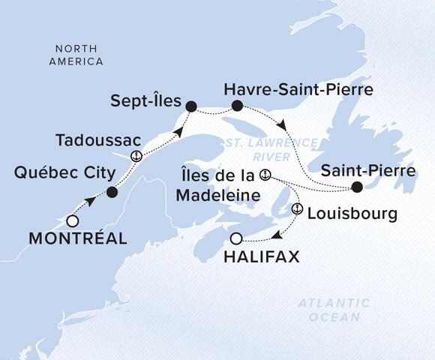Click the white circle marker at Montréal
pos(72,221)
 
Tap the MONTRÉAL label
pos(77,239)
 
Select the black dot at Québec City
pos(112,192)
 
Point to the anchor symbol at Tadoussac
pos(136,156)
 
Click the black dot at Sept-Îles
pos(190,106)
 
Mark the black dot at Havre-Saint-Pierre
pos(238,106)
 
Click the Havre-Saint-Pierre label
pos(298,90)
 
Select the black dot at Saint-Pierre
pos(357,187)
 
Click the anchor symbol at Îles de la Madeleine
pos(264,175)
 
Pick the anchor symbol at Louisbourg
pos(297,212)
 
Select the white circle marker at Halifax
pos(236,239)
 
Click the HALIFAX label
pos(262,257)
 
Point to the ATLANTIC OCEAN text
pos(334,310)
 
